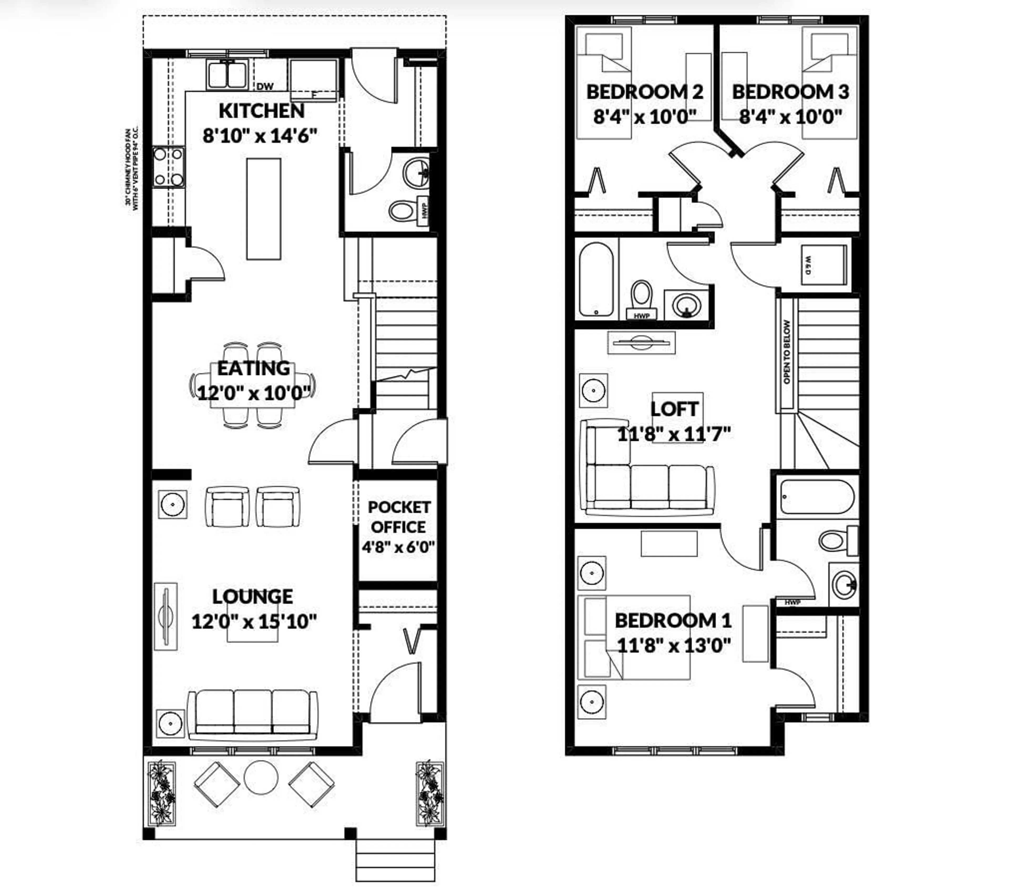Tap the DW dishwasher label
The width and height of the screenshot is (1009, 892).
pos(265,87)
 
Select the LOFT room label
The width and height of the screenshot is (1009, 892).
pos(674,409)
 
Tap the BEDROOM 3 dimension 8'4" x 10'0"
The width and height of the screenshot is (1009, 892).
pos(790,117)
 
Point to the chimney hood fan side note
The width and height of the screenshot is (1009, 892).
pos(131,168)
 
